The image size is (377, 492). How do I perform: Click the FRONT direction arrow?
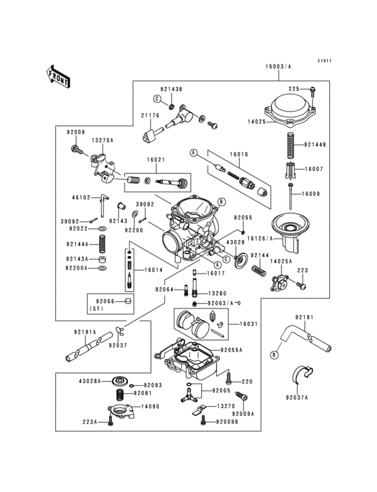tap(59, 75)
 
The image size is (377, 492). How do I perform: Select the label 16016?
tap(239, 154)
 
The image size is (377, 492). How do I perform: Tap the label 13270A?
tap(102, 140)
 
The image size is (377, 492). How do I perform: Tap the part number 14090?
tap(149, 407)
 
